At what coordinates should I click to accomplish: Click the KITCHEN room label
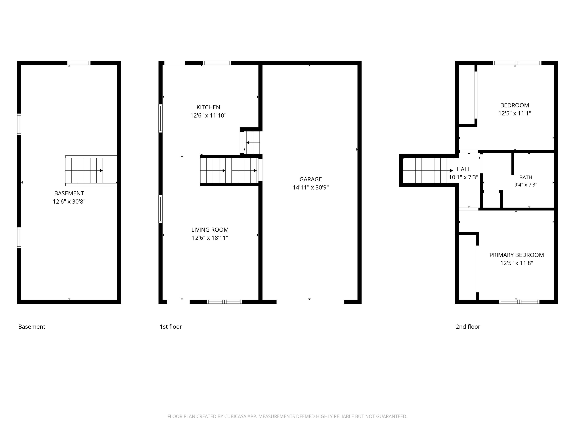208,107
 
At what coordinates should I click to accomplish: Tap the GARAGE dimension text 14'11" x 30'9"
311,188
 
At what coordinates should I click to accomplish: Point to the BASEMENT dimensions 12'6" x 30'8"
69,202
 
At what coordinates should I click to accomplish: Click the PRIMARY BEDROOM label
517,255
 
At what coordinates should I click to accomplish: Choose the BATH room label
526,177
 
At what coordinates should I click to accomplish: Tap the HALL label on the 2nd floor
463,169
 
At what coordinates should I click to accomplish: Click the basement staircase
91,171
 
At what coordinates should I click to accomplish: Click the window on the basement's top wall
79,63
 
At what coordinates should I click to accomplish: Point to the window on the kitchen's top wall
217,63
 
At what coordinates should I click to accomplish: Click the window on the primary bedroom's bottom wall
519,302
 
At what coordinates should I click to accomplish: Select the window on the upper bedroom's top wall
517,63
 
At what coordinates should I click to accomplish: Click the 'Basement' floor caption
32,327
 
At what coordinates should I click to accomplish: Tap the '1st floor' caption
171,327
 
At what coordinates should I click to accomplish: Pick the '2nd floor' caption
468,327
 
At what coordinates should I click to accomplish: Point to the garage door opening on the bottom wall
310,302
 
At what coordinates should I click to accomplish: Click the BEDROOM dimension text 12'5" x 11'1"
515,113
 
